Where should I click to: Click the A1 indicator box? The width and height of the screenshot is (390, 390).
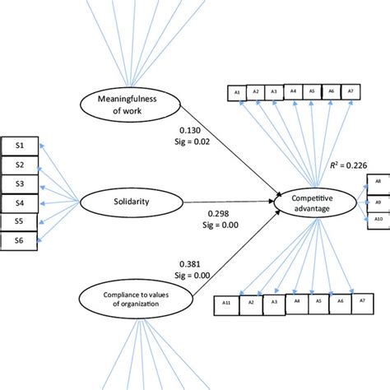point(237,92)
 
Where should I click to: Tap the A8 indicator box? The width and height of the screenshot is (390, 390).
point(377,180)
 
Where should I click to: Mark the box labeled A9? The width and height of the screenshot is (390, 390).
point(377,199)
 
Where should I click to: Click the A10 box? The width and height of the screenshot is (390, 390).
point(377,218)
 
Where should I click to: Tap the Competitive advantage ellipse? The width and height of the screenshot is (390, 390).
point(313,202)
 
